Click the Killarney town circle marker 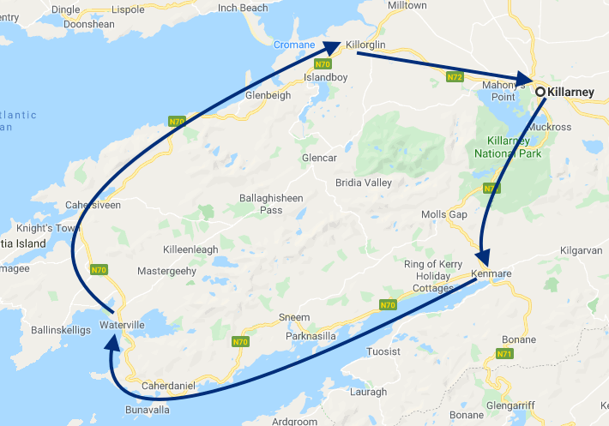pyautogui.click(x=540, y=92)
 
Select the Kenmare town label pyautogui.click(x=491, y=274)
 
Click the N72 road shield pyautogui.click(x=455, y=77)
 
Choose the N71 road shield pyautogui.click(x=503, y=353)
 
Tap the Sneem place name pyautogui.click(x=294, y=317)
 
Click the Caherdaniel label pyautogui.click(x=169, y=386)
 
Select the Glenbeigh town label pyautogui.click(x=268, y=95)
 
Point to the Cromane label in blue pyautogui.click(x=294, y=45)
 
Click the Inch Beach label pyautogui.click(x=243, y=8)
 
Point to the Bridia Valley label pyautogui.click(x=365, y=183)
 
